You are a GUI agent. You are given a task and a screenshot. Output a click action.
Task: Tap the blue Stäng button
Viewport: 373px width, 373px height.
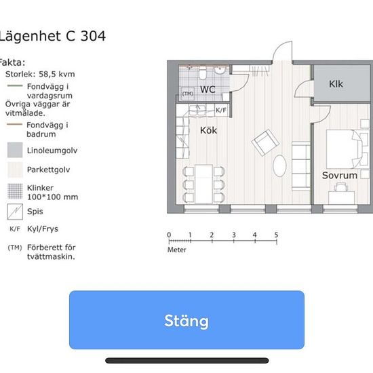coord(186,320)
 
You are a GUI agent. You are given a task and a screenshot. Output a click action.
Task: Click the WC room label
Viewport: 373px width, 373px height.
coord(208,90)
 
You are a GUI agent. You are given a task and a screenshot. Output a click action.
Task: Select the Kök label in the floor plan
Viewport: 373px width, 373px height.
coord(208,130)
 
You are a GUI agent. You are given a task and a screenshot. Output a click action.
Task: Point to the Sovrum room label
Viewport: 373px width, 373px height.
coord(340,176)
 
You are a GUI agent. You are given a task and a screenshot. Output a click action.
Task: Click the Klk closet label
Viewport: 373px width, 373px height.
coord(336,83)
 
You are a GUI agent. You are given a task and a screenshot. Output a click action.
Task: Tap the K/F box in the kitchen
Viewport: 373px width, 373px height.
coord(221,110)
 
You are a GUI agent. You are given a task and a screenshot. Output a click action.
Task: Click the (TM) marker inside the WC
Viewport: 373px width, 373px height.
coord(188,94)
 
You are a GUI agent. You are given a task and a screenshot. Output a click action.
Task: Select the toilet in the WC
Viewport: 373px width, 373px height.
coord(203,73)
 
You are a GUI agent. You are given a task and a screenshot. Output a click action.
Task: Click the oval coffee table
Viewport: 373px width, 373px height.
coord(279,165)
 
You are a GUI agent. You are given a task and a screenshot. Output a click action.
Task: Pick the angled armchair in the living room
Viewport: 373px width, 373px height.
coord(265,142)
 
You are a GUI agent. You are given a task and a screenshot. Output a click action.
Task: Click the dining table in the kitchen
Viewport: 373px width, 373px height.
coord(203,184)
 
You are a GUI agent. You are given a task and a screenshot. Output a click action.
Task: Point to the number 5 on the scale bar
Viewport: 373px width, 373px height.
coord(276,235)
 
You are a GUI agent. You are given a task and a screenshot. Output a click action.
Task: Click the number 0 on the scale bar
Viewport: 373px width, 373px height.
coord(169,235)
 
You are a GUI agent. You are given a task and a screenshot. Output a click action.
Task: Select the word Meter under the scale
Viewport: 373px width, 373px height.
coord(177,250)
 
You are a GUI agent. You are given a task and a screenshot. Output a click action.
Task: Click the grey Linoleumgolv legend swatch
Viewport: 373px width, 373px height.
coord(15,150)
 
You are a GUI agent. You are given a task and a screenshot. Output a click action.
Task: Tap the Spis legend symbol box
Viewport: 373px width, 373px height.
coord(15,212)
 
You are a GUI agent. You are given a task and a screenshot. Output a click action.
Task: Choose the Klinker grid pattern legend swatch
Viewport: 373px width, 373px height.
coord(15,191)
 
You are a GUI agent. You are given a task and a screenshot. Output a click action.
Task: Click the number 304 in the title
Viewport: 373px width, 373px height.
coord(93,36)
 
